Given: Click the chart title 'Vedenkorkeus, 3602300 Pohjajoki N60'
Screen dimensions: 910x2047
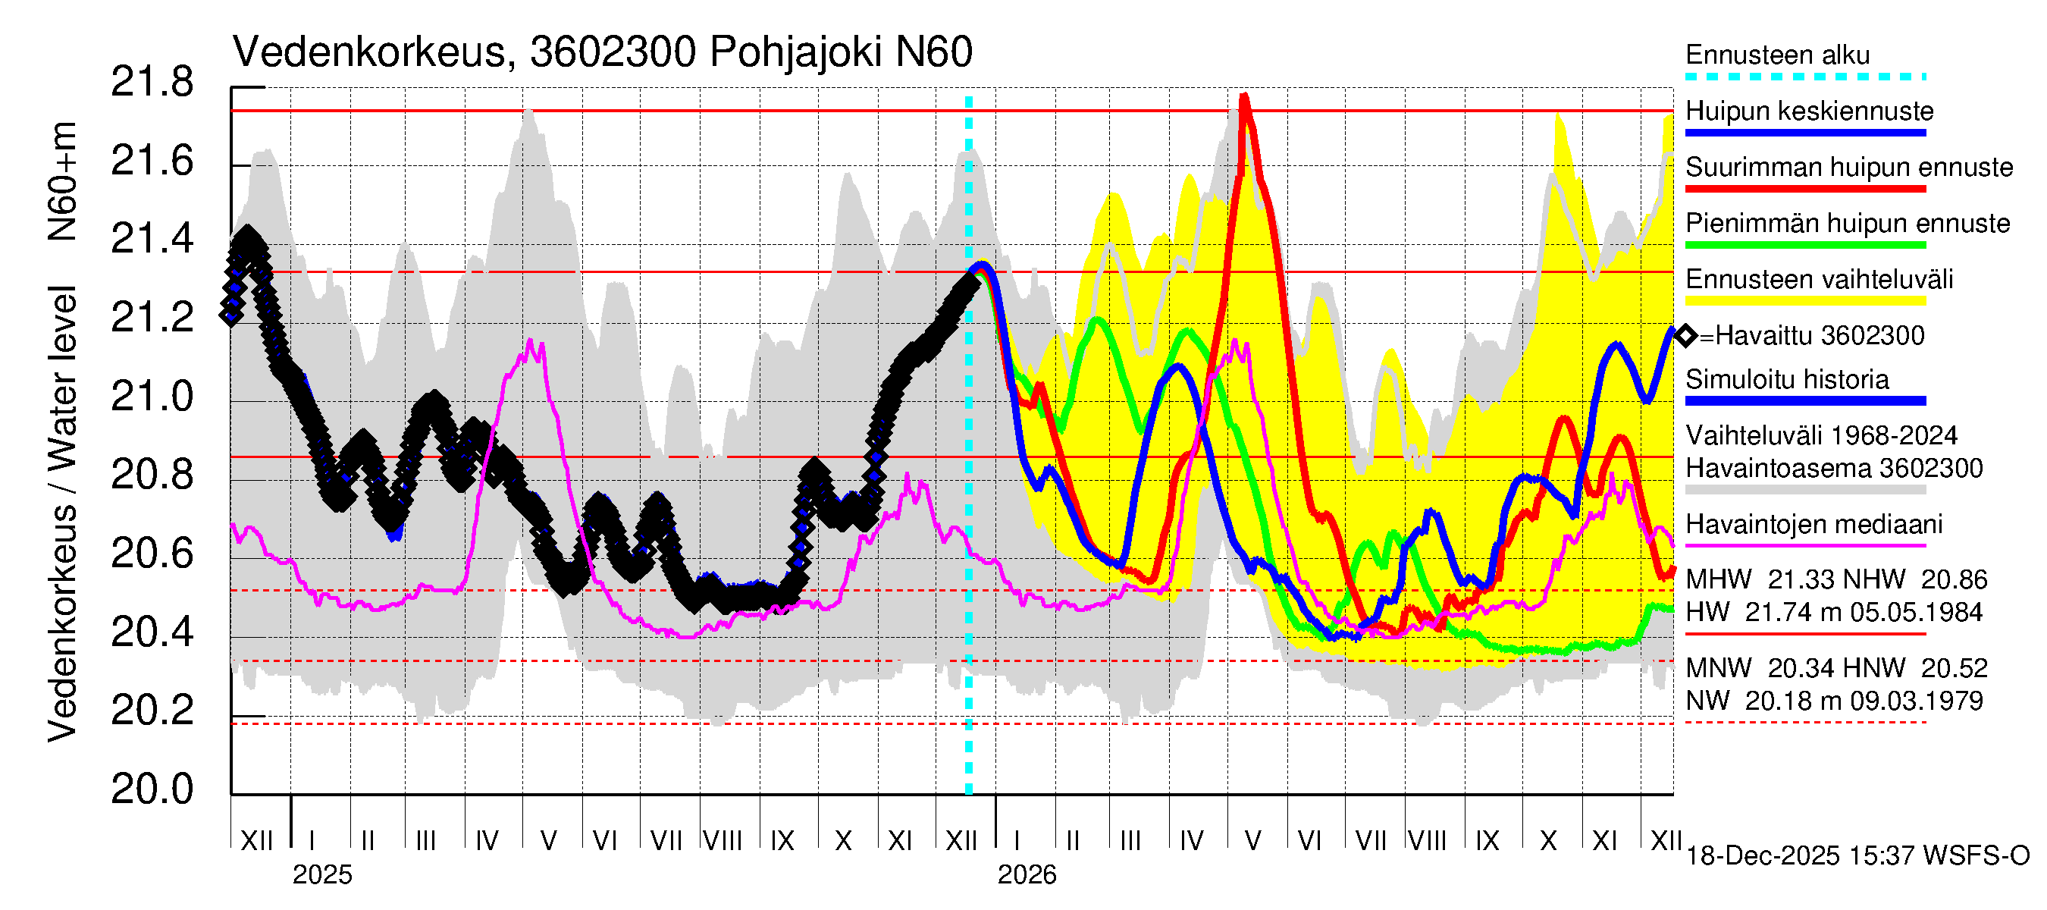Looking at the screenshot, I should coord(601,52).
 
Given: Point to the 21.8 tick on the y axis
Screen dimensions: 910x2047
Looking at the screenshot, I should coord(152,83).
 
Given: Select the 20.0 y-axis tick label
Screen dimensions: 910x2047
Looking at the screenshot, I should coord(152,789).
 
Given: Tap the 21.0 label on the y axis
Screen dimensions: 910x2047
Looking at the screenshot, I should coord(152,397).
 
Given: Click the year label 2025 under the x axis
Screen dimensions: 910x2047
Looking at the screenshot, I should coord(321,875).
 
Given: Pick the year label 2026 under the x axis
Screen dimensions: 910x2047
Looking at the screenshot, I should coord(1027,875).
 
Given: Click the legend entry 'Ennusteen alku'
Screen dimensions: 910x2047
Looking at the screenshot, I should coord(1777,55).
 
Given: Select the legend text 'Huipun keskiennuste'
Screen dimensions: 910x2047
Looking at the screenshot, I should coord(1810,111).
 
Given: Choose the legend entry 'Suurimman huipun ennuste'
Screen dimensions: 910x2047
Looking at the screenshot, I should coord(1848,168).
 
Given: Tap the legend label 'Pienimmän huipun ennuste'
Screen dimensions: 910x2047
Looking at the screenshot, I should coord(1847,223).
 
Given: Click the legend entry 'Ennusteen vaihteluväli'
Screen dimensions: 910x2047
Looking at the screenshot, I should coord(1819,280).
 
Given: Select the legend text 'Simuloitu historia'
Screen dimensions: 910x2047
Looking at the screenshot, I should coord(1787,380).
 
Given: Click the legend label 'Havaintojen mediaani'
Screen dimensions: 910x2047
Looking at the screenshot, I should coord(1813,525).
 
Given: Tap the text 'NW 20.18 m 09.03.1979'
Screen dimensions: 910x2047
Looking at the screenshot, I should coord(1833,701).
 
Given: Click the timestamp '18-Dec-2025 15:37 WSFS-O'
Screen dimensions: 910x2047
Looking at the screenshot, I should coord(1857,856).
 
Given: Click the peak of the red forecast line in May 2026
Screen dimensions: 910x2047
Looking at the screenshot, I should coord(1244,96).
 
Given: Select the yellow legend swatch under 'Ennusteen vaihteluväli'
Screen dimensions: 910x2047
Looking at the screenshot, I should coord(1804,301).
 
